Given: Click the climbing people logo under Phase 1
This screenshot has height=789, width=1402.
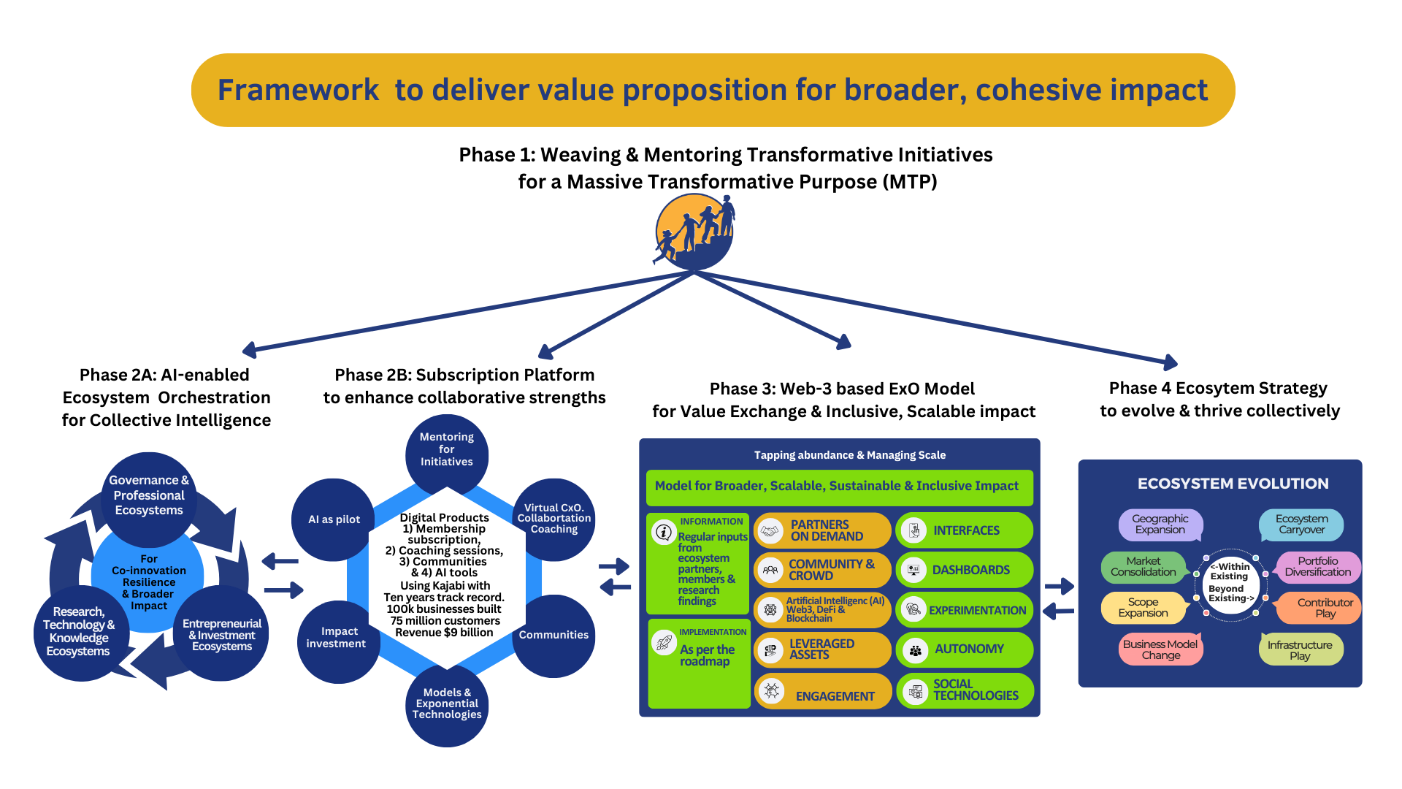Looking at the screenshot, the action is point(694,232).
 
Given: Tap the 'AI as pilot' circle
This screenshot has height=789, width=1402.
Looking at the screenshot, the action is point(334,519).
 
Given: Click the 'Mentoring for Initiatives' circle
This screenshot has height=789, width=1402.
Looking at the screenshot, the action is point(447,455).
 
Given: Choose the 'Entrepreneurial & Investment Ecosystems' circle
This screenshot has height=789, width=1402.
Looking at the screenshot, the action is point(221,633).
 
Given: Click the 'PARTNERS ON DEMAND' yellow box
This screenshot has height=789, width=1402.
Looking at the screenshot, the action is point(822,530).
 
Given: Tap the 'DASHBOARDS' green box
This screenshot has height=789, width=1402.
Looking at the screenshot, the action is point(965,570).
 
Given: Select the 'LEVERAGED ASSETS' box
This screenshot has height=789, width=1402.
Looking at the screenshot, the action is point(822,649).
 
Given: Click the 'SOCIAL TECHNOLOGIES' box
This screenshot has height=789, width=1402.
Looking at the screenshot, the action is point(965,690).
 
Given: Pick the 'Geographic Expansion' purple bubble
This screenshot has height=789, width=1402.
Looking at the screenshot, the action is point(1160,525).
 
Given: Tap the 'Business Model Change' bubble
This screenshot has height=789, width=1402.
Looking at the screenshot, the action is point(1160,649).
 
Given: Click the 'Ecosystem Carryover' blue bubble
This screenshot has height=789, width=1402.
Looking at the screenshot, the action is point(1301,525).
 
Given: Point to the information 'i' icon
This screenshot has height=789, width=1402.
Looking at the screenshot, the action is point(664,533).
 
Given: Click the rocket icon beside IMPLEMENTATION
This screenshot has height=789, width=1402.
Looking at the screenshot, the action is point(664,643).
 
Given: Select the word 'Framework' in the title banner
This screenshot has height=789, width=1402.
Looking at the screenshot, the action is point(299,91).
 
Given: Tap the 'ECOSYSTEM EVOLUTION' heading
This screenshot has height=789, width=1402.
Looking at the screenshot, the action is point(1233,484).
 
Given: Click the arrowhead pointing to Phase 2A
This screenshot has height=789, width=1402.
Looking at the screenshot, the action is point(249,351).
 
